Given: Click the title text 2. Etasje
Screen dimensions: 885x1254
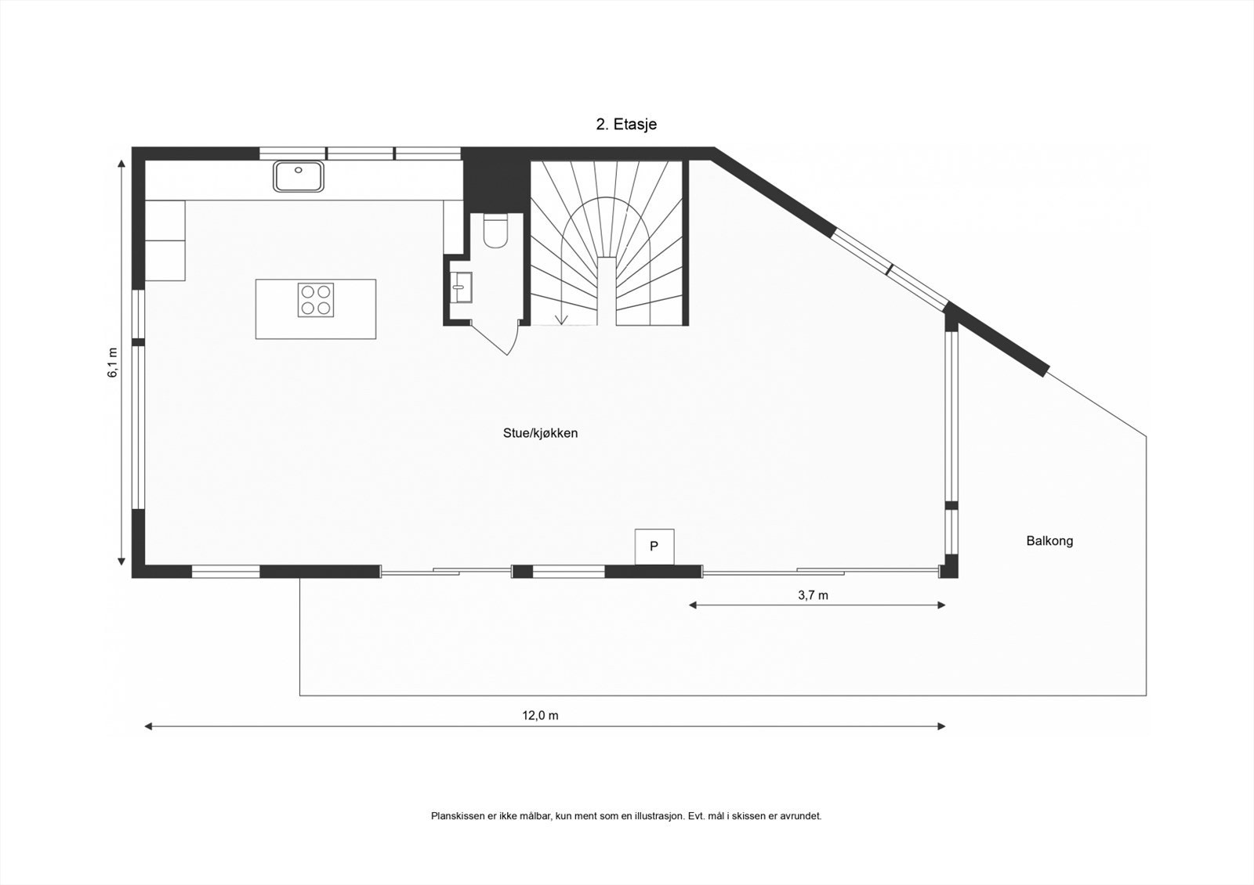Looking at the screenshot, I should (x=626, y=124).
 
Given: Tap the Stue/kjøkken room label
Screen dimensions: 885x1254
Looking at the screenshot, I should (x=540, y=433).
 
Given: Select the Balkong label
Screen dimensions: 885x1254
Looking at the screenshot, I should (x=1049, y=540).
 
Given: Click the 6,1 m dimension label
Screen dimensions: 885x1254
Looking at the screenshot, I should (x=113, y=363).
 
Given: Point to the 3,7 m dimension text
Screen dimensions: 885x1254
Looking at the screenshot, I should (x=813, y=595).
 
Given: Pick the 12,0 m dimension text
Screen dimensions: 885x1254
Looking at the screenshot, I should (x=540, y=715).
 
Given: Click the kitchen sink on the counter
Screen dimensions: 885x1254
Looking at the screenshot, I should (x=299, y=176).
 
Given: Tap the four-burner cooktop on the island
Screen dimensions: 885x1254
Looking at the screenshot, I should (x=316, y=300).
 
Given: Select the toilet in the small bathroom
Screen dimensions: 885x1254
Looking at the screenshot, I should (x=495, y=230).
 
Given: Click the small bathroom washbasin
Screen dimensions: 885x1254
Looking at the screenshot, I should (x=461, y=287).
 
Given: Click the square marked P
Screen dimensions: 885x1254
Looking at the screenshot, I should (x=654, y=546).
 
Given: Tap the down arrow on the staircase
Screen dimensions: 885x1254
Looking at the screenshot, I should (x=561, y=317).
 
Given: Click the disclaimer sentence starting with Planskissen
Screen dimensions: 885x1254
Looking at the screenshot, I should (x=625, y=816).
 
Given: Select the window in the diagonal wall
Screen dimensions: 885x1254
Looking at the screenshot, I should (x=890, y=270).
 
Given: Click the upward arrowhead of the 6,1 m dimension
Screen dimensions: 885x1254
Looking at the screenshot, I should (x=121, y=164).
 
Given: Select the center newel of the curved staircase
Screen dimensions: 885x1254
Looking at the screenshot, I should (x=607, y=290).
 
